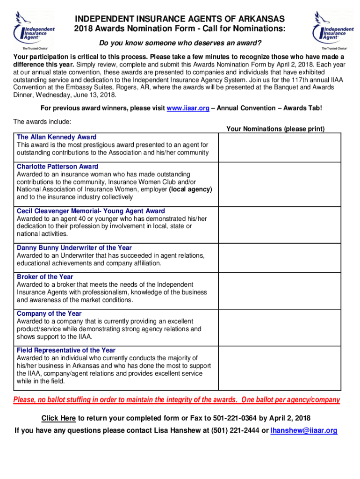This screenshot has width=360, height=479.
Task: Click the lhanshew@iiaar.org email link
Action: pyautogui.click(x=304, y=430)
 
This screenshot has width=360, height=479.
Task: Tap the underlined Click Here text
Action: pyautogui.click(x=58, y=418)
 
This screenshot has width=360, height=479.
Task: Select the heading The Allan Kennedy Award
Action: pyautogui.click(x=57, y=137)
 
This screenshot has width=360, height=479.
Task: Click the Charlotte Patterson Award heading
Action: pyautogui.click(x=58, y=167)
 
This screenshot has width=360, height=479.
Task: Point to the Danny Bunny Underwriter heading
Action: pyautogui.click(x=74, y=248)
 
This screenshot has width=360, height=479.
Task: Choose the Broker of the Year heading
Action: pyautogui.click(x=45, y=277)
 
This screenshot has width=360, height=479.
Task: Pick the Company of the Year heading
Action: pyautogui.click(x=49, y=313)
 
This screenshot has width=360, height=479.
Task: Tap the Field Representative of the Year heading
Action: pyautogui.click(x=66, y=350)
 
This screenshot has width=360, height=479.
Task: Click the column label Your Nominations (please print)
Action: pyautogui.click(x=275, y=129)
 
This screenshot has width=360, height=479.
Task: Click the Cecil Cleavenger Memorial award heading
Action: pyautogui.click(x=91, y=211)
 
